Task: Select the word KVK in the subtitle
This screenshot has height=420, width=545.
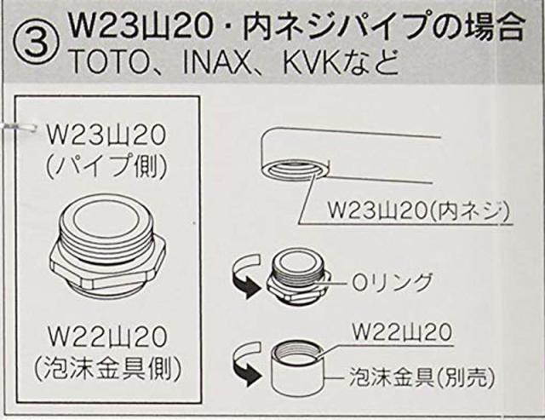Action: tap(311, 62)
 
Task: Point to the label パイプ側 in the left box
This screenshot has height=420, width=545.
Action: tap(106, 166)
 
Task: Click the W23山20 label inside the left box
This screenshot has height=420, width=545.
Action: tap(106, 135)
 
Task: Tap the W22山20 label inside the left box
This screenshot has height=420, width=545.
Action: tap(106, 337)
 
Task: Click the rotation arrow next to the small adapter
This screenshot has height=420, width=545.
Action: tap(244, 274)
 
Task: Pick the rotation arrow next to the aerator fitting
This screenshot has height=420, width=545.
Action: tap(245, 363)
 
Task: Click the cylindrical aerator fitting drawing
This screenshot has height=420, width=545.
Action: tap(298, 367)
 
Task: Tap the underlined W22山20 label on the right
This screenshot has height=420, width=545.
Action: tap(402, 333)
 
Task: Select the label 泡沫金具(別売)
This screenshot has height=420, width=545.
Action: tap(421, 377)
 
